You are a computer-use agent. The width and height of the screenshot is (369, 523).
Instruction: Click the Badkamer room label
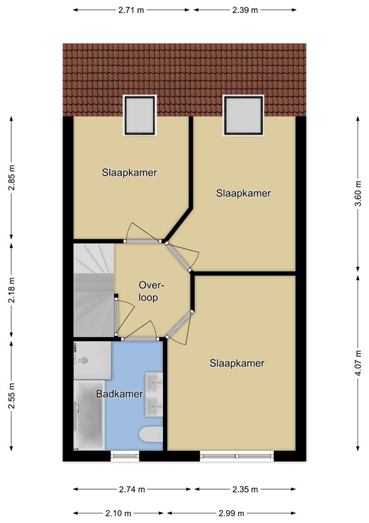(120, 394)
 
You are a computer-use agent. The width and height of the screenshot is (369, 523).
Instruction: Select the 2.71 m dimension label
(131, 10)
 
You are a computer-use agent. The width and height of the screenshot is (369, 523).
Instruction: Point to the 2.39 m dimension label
(245, 10)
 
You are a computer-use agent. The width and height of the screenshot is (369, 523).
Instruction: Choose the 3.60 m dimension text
(357, 193)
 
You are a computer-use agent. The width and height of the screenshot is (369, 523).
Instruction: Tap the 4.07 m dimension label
(357, 363)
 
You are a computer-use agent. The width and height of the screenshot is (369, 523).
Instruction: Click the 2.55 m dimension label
(12, 396)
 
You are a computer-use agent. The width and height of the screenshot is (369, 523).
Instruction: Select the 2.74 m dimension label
(132, 490)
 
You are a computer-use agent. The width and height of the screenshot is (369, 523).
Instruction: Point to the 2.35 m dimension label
(245, 490)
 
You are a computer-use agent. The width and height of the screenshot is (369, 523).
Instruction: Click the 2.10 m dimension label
(118, 513)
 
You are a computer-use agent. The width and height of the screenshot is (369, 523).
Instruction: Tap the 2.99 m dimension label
(231, 513)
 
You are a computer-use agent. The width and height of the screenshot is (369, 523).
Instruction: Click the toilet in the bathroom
(151, 435)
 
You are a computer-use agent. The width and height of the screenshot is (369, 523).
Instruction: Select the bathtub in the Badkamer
(89, 415)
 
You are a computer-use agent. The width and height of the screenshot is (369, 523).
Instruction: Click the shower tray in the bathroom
(92, 360)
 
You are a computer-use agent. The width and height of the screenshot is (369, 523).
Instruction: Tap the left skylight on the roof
(140, 115)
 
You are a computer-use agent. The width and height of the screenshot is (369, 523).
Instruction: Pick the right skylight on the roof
(243, 115)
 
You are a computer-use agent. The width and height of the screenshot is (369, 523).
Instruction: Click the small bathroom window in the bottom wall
(125, 456)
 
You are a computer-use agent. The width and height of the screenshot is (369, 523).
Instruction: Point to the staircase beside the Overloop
(94, 290)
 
